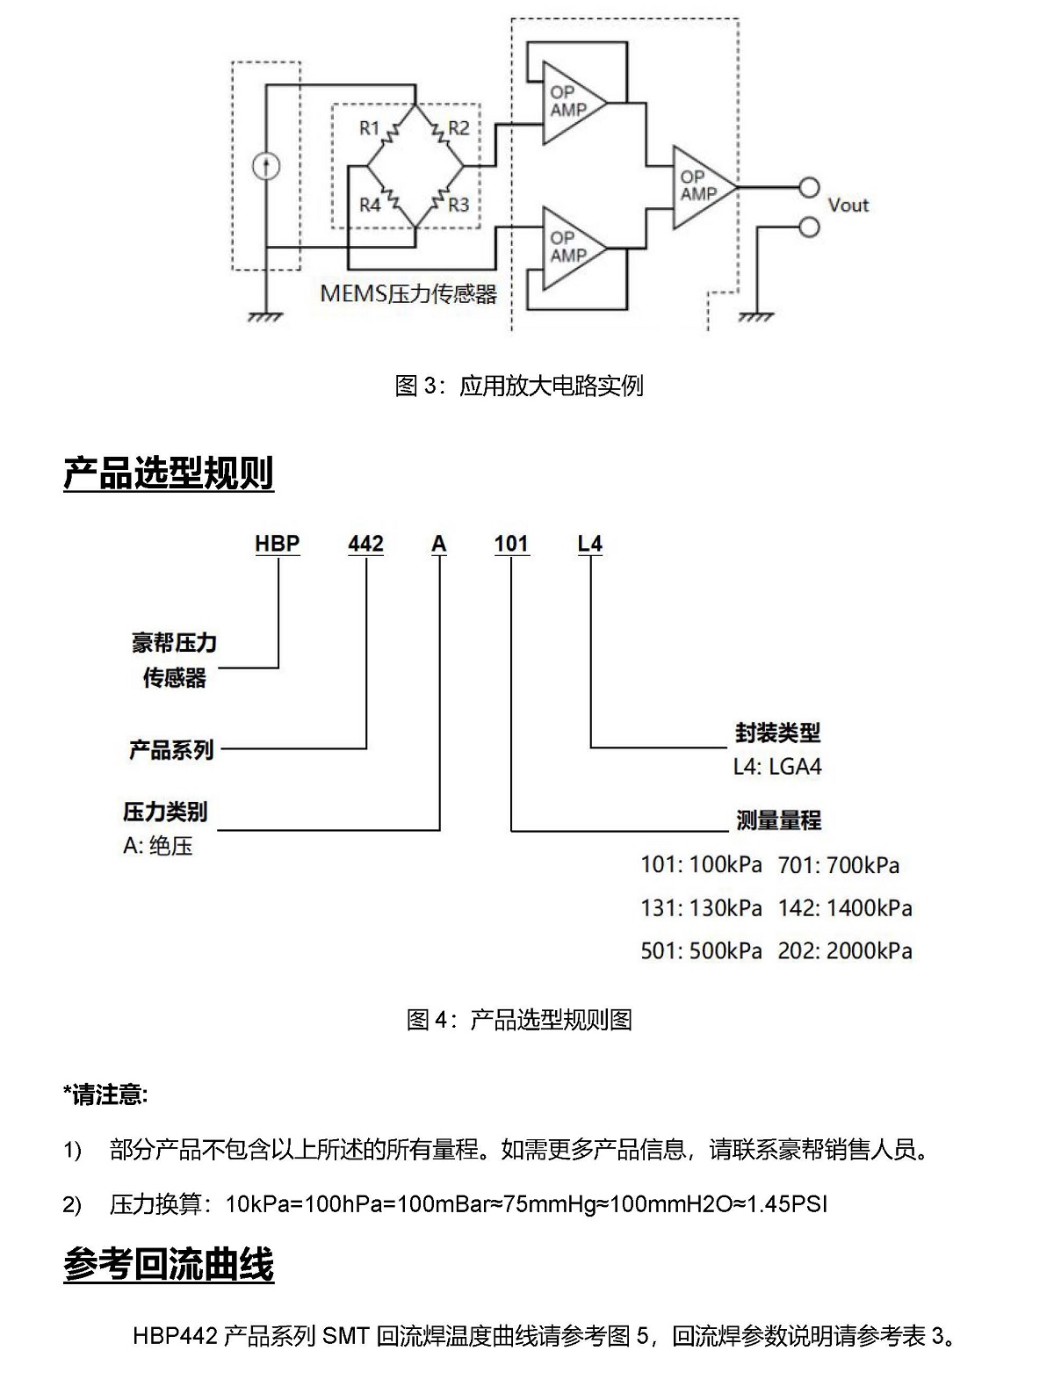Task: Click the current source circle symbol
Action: point(265,166)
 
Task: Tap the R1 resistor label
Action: point(369,128)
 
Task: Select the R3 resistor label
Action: point(458,205)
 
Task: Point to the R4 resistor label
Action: point(370,205)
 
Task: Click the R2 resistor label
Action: point(458,128)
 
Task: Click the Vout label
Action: point(848,206)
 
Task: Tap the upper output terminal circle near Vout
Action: point(808,187)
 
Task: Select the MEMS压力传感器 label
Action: point(408,293)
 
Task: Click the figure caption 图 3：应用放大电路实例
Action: point(519,386)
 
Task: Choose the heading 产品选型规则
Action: point(169,473)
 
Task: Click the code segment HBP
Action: point(277,544)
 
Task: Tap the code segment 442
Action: point(365,544)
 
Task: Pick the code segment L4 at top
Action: point(589,544)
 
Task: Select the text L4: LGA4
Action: point(777,767)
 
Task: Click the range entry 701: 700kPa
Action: point(838,865)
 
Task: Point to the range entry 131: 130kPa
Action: point(701,907)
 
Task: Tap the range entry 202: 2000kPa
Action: point(844,950)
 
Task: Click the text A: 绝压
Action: point(157,846)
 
